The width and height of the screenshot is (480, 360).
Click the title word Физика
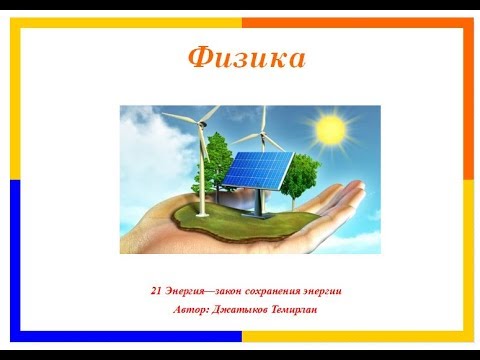(x=245, y=58)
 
